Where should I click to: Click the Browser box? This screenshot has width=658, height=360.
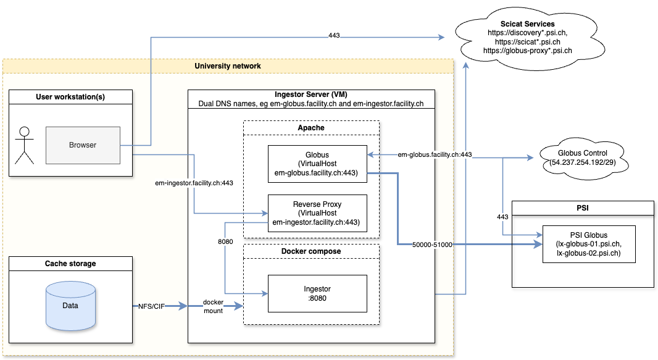(x=83, y=145)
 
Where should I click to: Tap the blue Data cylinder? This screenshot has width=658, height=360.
(x=70, y=305)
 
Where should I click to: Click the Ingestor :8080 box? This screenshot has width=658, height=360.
(x=317, y=293)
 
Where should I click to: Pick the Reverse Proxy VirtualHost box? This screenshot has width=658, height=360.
(x=317, y=213)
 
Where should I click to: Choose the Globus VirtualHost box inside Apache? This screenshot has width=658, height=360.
(x=317, y=164)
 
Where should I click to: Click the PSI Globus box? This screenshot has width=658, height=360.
(x=588, y=244)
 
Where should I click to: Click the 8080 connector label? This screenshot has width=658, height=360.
(x=225, y=241)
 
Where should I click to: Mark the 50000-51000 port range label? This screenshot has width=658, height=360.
(x=433, y=245)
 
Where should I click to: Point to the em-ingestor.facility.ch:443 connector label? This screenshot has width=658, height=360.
(x=194, y=183)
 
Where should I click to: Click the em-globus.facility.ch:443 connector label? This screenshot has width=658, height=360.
(x=435, y=154)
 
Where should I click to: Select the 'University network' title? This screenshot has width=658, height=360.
(x=228, y=66)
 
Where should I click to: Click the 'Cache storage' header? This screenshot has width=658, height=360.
(x=70, y=264)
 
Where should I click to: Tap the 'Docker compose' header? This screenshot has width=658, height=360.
(x=310, y=251)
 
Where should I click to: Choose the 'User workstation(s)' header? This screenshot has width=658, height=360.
(x=70, y=96)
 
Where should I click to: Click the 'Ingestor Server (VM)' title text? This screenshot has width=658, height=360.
(x=310, y=94)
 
